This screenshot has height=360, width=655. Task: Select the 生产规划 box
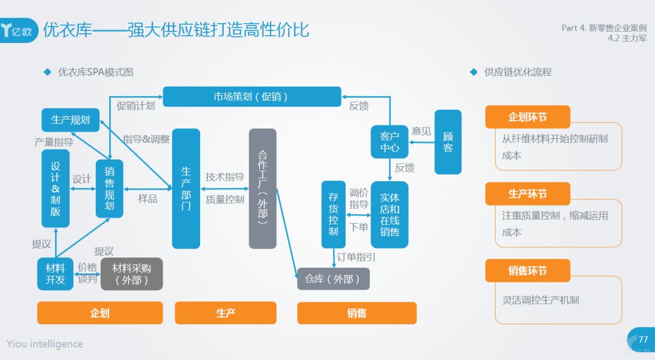(70, 120)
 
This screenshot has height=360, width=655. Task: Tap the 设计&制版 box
(55, 188)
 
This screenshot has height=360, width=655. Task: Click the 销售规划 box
(109, 188)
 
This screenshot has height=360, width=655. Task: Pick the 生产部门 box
(186, 188)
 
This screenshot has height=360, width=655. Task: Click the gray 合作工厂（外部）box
(263, 188)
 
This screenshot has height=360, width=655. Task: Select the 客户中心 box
(389, 141)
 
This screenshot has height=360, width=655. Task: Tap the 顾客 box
(448, 142)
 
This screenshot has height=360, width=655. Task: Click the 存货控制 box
(333, 214)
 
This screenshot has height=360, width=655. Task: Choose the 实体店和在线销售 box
(389, 215)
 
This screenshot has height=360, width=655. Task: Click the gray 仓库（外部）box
(333, 279)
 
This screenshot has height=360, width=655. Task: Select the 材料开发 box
(55, 274)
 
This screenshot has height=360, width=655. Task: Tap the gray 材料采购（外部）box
(132, 274)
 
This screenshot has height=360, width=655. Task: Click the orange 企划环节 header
(528, 117)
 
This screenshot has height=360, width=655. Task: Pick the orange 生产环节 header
(528, 194)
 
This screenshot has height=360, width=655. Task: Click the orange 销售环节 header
(528, 270)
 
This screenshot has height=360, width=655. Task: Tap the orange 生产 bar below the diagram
(226, 313)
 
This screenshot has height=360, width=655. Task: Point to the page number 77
(643, 339)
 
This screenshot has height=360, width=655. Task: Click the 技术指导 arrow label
(224, 177)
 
